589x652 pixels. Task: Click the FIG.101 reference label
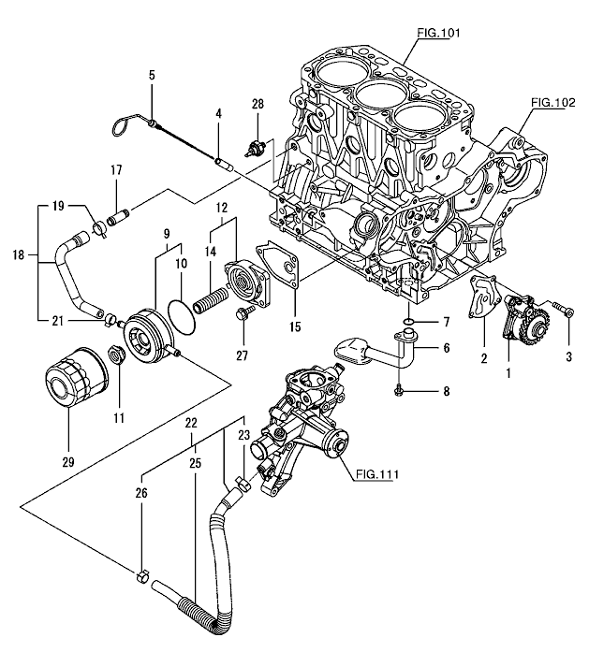point(438,34)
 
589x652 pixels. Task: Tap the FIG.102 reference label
point(552,103)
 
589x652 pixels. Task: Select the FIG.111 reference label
point(377,473)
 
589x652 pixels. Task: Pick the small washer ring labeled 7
point(409,323)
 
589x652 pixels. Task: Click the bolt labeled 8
point(400,384)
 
